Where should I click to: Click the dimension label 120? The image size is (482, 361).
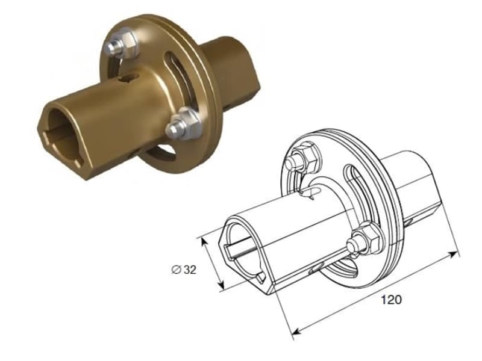coord(391,299)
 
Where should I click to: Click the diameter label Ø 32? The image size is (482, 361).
coord(184,270)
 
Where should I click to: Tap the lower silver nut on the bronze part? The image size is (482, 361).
coord(183,124)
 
